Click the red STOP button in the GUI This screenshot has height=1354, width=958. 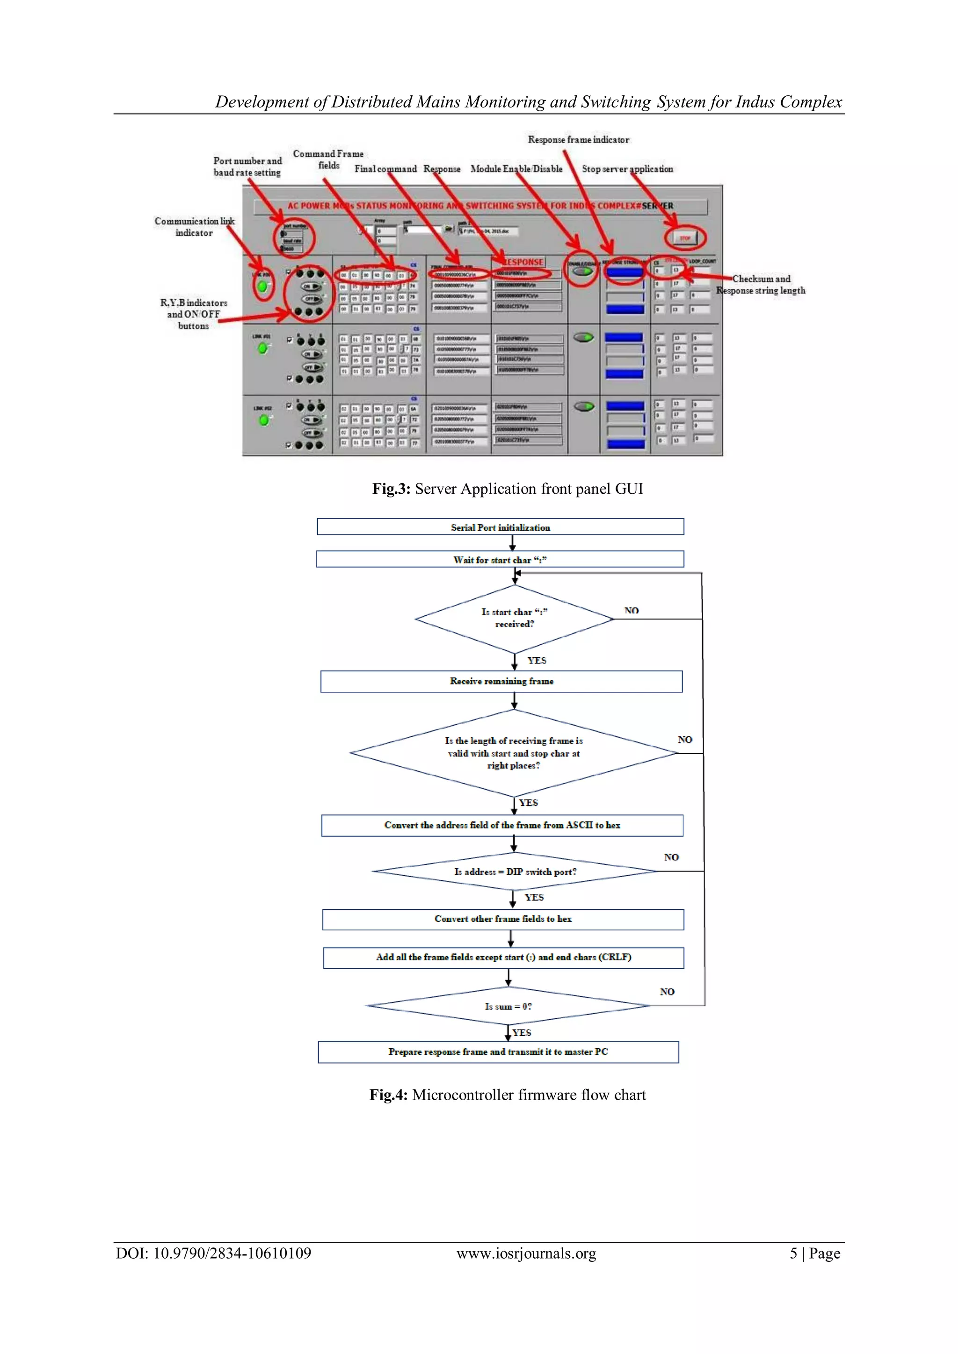coord(684,238)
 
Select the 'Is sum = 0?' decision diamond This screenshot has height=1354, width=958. coord(508,1006)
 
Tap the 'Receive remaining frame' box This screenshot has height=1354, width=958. coord(501,681)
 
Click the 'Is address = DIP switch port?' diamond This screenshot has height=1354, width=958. coord(515,871)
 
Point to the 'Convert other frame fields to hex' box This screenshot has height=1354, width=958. coord(503,919)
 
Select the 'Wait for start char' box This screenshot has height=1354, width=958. coord(500,560)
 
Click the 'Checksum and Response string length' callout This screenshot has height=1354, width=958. coord(761,284)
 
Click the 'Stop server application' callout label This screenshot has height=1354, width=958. coord(627,169)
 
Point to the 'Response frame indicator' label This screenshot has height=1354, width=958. coord(578,140)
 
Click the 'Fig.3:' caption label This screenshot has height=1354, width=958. coord(391,489)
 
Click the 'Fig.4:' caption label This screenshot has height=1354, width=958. coord(388,1095)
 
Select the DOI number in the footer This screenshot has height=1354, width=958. coord(214,1253)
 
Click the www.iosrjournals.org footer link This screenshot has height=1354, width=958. coord(526,1253)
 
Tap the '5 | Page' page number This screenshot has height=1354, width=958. coord(815,1253)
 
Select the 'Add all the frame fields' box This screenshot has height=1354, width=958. coord(503,957)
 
